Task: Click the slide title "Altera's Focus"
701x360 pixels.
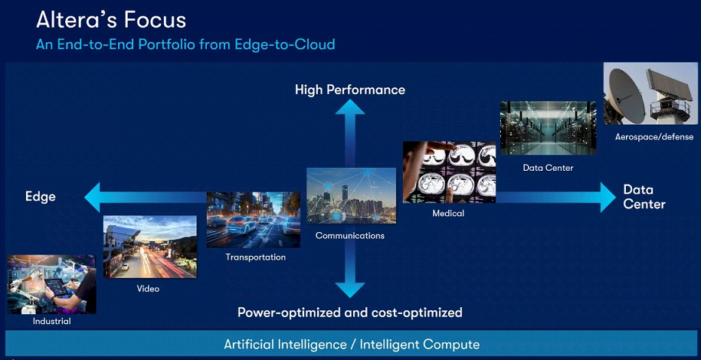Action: click(111, 20)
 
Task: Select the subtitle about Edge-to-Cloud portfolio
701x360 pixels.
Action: click(185, 44)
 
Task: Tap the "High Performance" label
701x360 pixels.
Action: click(350, 90)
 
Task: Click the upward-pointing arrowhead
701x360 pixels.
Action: click(350, 106)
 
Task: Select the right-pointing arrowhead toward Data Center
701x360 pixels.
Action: click(608, 197)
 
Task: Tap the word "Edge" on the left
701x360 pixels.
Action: click(41, 197)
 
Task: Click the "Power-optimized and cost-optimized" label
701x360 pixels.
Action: click(349, 313)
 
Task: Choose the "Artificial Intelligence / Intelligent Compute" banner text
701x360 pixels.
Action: click(352, 345)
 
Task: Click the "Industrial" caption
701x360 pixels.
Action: click(52, 321)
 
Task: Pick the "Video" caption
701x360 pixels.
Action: click(148, 289)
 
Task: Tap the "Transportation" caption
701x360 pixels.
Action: click(255, 257)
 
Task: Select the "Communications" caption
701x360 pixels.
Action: click(350, 236)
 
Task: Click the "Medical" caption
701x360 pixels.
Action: click(448, 214)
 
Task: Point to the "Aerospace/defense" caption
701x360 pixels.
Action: click(654, 137)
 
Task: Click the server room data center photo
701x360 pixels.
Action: click(548, 128)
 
